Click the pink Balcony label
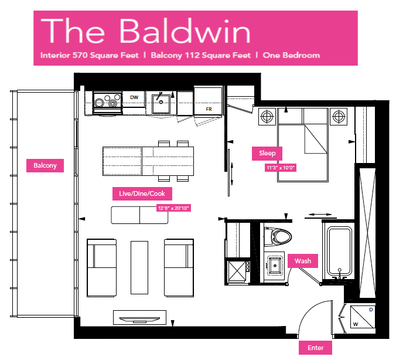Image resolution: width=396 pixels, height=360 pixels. [x=45, y=165]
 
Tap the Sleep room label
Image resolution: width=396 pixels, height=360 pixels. [x=267, y=153]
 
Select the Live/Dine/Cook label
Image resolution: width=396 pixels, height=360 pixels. [x=142, y=193]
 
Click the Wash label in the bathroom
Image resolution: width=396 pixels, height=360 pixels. [x=302, y=261]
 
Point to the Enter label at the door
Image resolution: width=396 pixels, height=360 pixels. [x=315, y=348]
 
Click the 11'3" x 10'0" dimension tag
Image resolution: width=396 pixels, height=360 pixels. [x=281, y=168]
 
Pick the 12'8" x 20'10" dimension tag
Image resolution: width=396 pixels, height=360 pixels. [x=173, y=208]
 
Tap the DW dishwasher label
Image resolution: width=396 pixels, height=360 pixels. [x=134, y=97]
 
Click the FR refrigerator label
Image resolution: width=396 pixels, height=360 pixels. [x=209, y=109]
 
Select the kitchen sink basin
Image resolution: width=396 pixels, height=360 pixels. [x=161, y=104]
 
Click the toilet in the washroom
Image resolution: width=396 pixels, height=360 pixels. [x=277, y=237]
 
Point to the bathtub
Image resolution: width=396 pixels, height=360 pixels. [x=339, y=252]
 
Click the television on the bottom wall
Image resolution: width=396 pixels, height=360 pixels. [x=139, y=318]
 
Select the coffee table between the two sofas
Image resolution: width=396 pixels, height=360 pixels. [x=139, y=267]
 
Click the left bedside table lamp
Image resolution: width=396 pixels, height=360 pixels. [x=267, y=117]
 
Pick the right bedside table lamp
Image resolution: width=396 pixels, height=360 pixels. [x=339, y=117]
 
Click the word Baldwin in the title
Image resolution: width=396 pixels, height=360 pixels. [x=185, y=31]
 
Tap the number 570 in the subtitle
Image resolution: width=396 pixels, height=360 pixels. [x=80, y=55]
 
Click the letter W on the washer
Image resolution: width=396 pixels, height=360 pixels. [x=356, y=324]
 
